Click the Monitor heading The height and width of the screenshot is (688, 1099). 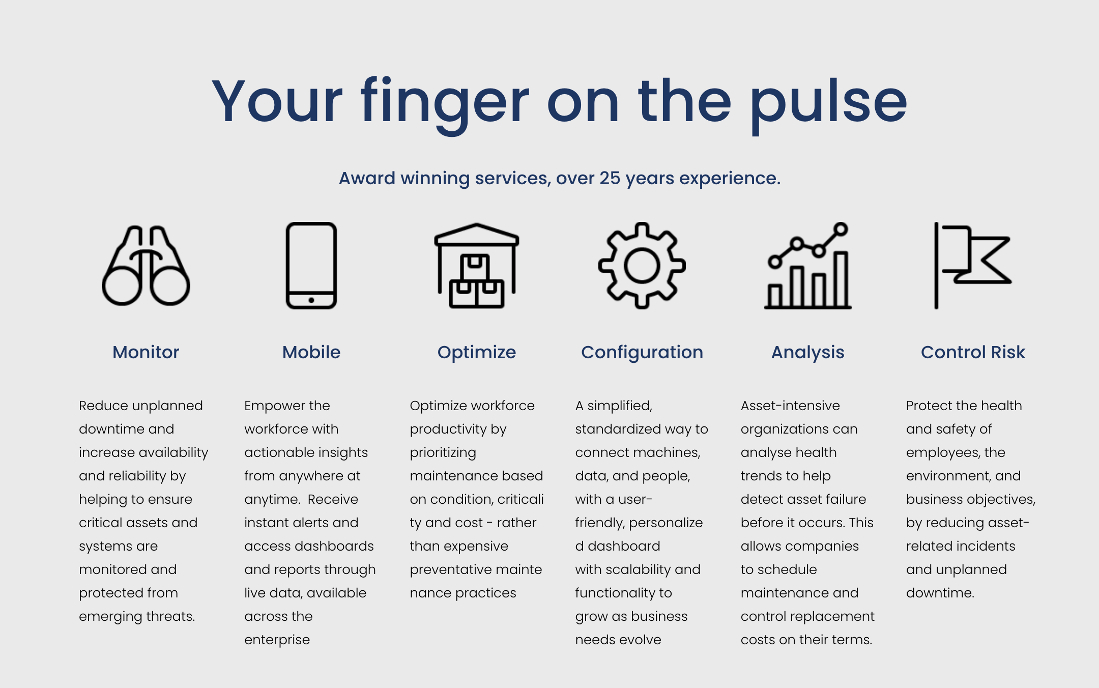pos(146,352)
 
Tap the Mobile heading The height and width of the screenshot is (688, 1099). pos(311,352)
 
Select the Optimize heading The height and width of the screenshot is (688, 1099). pos(477,353)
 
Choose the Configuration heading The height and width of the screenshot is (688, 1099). pos(642,353)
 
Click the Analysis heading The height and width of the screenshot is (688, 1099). pos(808,353)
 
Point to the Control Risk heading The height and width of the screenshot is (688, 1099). pos(973,352)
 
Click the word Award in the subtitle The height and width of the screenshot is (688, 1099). pos(367,178)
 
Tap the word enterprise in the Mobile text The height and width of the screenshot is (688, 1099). pos(277,640)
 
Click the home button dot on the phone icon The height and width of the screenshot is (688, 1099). pos(311,300)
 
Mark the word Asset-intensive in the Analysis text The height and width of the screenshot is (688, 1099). pos(790,406)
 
